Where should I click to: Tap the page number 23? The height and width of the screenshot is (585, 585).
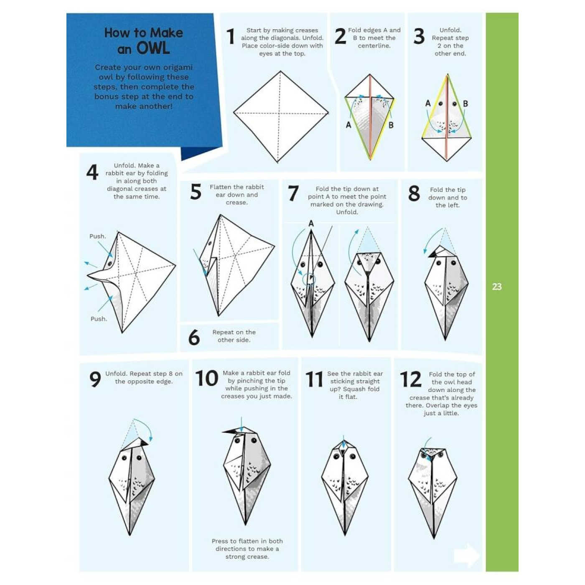click(x=496, y=287)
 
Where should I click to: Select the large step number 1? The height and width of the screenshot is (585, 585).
click(x=230, y=36)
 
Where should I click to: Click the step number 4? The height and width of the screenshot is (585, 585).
click(x=92, y=172)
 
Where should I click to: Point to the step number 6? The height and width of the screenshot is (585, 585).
click(x=194, y=338)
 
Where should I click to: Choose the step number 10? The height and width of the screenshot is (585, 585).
click(x=207, y=378)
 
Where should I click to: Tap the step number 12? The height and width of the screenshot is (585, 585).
click(x=410, y=380)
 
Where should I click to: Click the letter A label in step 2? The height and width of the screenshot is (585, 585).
click(x=348, y=125)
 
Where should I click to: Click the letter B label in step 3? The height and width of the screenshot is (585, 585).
click(x=465, y=103)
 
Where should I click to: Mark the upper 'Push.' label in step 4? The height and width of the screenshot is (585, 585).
click(x=98, y=236)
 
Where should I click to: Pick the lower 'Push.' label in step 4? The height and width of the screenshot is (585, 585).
click(x=99, y=319)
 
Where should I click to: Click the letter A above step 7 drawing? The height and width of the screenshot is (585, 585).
click(x=311, y=224)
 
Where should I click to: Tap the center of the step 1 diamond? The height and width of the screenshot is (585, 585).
click(x=280, y=113)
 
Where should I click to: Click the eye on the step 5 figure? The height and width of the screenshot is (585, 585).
click(x=210, y=243)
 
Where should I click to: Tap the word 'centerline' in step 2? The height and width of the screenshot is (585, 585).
click(x=374, y=46)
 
